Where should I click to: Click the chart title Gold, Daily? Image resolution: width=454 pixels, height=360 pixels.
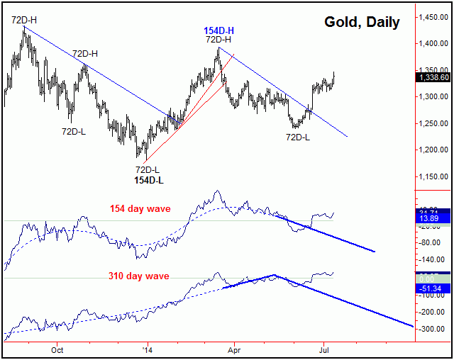coord(362,22)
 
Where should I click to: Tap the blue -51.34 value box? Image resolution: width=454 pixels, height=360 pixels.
coord(433,288)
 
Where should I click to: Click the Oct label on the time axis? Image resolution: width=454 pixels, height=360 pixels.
coord(57,350)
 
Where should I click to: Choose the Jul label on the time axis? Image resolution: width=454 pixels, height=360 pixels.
coord(323,350)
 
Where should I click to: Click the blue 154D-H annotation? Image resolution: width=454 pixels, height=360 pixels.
coord(220,30)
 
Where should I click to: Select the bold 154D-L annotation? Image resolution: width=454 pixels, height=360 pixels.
coord(148,181)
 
